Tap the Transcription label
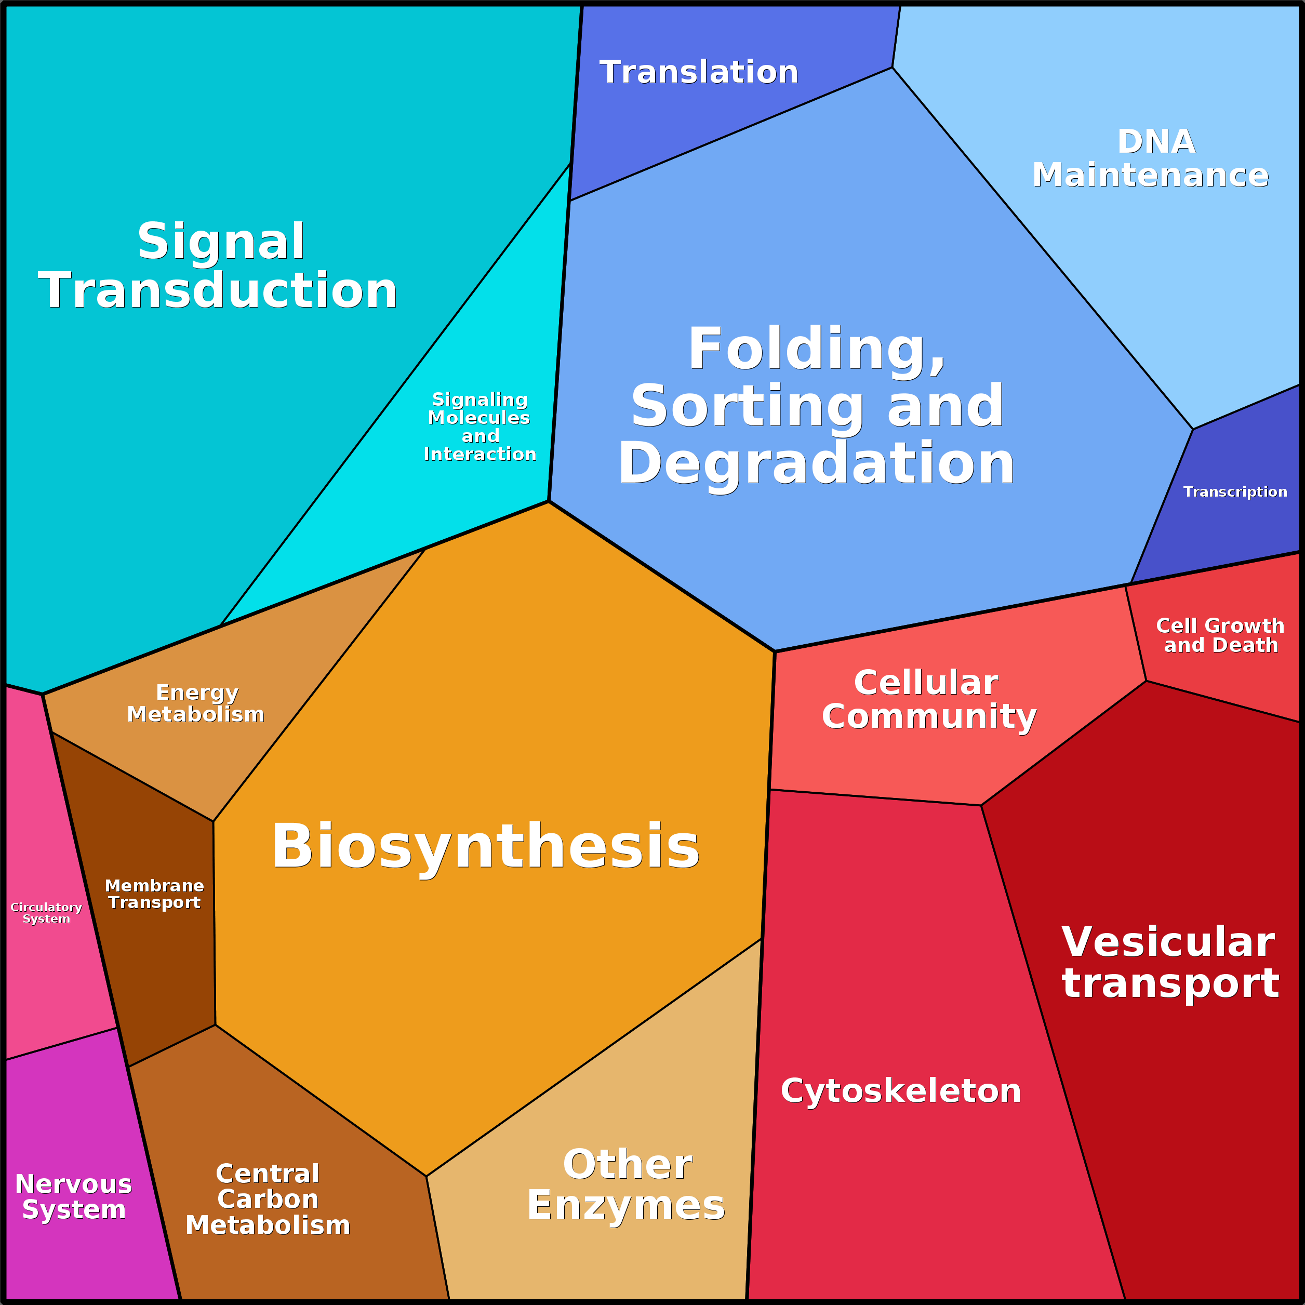pos(1235,492)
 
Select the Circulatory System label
pos(46,913)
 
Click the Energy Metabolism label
pos(196,703)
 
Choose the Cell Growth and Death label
pos(1220,635)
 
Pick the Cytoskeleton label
pos(900,1091)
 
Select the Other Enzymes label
pos(626,1185)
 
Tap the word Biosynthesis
pos(486,847)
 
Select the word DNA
pos(1156,142)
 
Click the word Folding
pos(817,350)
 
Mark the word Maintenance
pos(1150,175)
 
